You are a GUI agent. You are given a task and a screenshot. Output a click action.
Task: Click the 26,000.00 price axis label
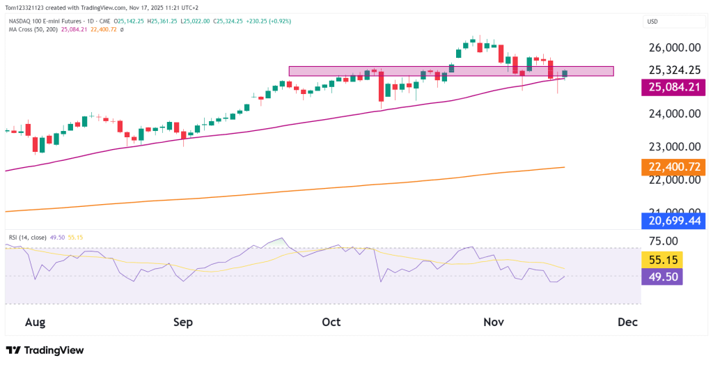pyautogui.click(x=673, y=47)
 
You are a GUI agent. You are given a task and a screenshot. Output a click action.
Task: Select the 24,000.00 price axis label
pyautogui.click(x=673, y=114)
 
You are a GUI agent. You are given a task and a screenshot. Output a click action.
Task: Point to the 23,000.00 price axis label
pyautogui.click(x=673, y=147)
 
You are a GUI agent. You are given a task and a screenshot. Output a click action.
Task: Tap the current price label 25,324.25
pyautogui.click(x=673, y=70)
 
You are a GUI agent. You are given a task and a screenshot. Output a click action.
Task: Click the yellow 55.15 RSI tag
pyautogui.click(x=661, y=260)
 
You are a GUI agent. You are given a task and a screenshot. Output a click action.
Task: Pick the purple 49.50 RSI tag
pyautogui.click(x=661, y=277)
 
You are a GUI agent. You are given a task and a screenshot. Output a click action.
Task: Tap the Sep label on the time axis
pyautogui.click(x=182, y=322)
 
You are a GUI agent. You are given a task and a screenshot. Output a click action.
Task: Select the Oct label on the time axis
pyautogui.click(x=331, y=322)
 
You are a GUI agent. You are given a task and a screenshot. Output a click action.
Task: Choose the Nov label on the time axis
pyautogui.click(x=493, y=322)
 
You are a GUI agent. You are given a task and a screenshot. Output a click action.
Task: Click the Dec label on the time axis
pyautogui.click(x=627, y=322)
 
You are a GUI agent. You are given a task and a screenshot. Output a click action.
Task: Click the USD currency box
pyautogui.click(x=653, y=22)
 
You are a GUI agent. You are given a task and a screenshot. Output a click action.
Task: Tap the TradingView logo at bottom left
pyautogui.click(x=45, y=350)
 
